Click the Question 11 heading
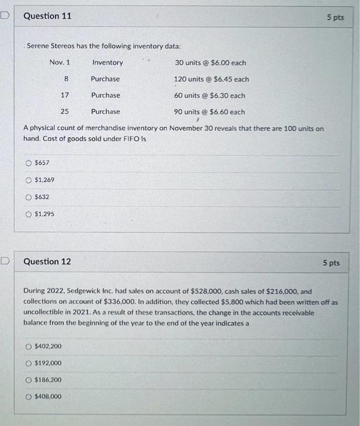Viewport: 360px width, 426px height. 47,16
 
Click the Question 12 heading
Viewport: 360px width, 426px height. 47,262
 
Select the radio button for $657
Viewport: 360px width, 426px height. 28,163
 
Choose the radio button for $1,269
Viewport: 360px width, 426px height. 28,180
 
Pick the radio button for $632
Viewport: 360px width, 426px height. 28,197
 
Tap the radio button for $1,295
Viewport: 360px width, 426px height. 28,214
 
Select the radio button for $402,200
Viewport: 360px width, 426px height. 28,346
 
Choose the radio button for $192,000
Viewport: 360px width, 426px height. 28,363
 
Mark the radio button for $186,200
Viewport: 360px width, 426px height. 28,380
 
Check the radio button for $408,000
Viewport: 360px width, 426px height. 28,397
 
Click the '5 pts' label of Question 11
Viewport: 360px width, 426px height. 335,18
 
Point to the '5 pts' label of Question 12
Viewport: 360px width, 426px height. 331,263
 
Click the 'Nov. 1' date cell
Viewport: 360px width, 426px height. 60,63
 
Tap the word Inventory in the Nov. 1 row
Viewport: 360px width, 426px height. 107,63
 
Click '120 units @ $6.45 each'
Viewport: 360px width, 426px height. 211,79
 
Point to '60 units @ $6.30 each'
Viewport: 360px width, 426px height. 209,96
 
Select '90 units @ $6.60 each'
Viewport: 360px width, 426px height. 209,112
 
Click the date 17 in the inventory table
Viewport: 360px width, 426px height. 65,96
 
